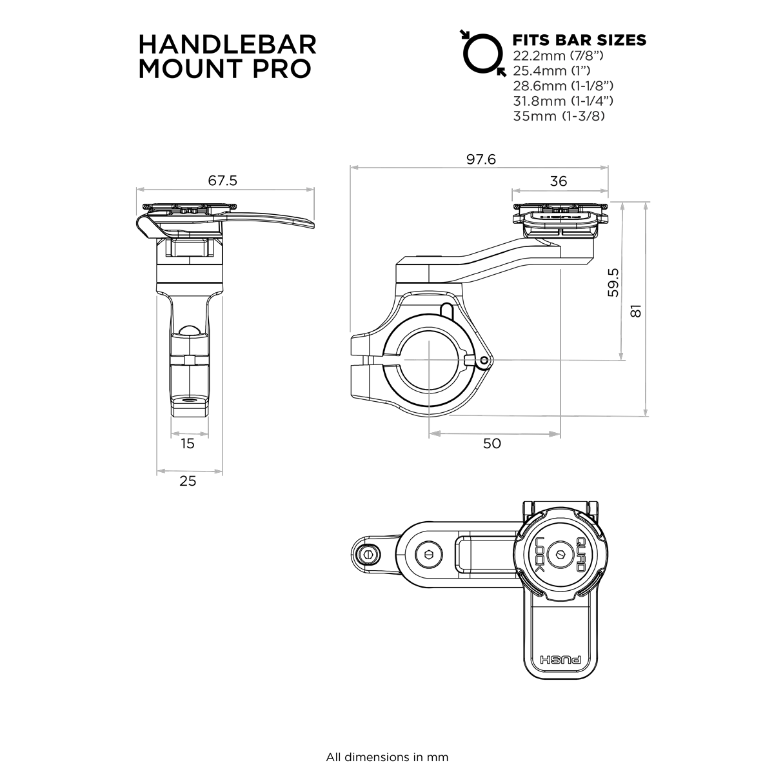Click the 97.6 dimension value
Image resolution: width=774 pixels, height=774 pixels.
pos(481,159)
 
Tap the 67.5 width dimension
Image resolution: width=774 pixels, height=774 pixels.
pos(223,181)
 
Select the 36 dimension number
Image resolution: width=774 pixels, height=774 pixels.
pos(559,181)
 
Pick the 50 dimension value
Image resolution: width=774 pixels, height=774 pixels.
pos(491,444)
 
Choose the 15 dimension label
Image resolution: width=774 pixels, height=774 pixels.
pos(188,444)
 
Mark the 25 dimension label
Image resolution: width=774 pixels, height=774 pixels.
pos(188,481)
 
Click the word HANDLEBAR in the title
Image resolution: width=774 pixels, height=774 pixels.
pos(228,45)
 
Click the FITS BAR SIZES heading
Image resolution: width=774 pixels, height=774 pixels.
pos(578,40)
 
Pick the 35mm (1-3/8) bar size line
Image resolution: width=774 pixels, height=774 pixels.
pos(559,117)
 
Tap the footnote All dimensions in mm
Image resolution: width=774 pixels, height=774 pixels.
pos(387,757)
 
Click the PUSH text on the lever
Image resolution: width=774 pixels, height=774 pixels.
pos(559,661)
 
